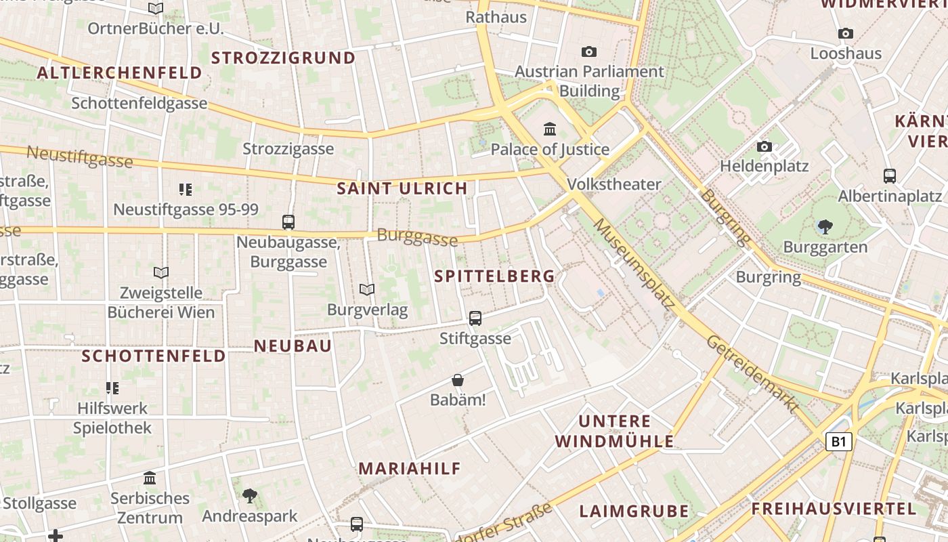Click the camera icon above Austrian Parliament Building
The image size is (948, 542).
[x=589, y=51]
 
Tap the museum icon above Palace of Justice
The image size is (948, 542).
[x=550, y=129]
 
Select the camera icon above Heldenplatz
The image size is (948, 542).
[x=764, y=146]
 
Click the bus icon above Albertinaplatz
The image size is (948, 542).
[x=890, y=176]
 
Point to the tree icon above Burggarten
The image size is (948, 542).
[x=825, y=226]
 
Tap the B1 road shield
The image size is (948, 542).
[x=839, y=442]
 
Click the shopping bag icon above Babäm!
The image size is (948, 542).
[x=458, y=380]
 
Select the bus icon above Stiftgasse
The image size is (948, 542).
[x=475, y=318]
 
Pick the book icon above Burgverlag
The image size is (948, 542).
[x=367, y=290]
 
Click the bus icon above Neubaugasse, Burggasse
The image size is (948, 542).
[x=288, y=222]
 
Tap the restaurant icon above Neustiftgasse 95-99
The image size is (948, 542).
[x=186, y=189]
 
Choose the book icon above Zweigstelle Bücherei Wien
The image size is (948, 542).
[x=161, y=272]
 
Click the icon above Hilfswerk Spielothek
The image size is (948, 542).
[x=112, y=388]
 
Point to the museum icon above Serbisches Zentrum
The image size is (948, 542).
[x=150, y=478]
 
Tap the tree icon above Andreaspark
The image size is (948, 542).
[x=249, y=496]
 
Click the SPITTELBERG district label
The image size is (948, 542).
[x=494, y=276]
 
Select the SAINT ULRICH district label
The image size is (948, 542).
[x=402, y=189]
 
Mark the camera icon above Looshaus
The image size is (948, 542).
[x=845, y=34]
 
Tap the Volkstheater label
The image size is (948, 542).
[x=613, y=184]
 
